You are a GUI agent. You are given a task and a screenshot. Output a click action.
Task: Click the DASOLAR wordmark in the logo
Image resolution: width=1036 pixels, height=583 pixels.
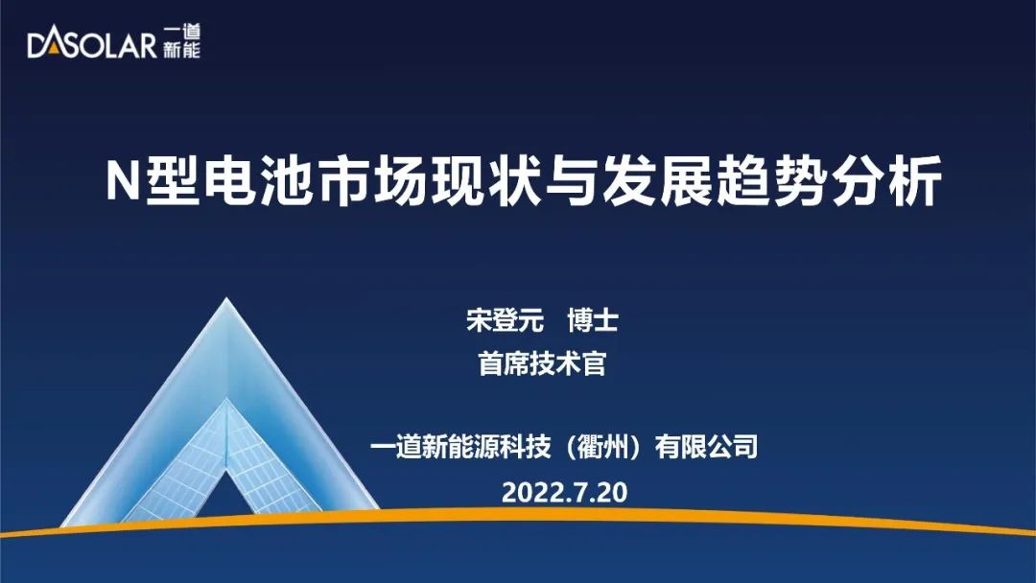[x=92, y=45]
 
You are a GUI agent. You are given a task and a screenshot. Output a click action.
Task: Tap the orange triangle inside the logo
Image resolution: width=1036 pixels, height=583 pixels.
[x=52, y=48]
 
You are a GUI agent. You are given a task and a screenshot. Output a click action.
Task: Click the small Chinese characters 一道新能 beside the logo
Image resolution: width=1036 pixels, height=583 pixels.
[x=181, y=42]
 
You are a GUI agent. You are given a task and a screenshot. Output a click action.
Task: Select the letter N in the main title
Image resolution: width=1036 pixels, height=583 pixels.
[x=123, y=181]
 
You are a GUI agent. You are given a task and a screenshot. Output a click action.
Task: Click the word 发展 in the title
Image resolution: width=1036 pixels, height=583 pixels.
[x=655, y=181]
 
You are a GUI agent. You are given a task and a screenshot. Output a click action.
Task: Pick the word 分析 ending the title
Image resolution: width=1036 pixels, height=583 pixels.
[x=884, y=181]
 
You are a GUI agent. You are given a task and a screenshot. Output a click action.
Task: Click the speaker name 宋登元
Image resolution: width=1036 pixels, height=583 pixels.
[x=505, y=321]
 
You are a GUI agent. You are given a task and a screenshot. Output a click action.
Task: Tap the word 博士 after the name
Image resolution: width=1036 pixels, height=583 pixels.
[x=592, y=321]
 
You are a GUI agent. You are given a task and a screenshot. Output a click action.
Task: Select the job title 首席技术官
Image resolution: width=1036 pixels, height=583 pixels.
[x=542, y=363]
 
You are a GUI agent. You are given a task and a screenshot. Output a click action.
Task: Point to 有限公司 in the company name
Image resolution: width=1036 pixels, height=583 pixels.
[x=706, y=447]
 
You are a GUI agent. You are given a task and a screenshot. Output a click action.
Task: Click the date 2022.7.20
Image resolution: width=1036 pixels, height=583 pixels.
[x=564, y=493]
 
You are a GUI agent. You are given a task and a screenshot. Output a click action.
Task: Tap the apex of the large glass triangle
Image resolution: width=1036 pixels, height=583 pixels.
[x=226, y=298]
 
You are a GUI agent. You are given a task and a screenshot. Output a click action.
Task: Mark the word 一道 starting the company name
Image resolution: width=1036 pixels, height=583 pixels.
[x=395, y=447]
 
